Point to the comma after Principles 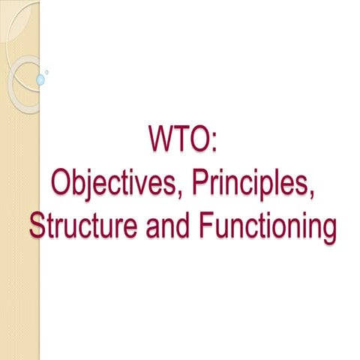310,194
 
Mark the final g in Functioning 326,228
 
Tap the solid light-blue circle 40,79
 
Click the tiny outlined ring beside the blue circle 47,73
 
